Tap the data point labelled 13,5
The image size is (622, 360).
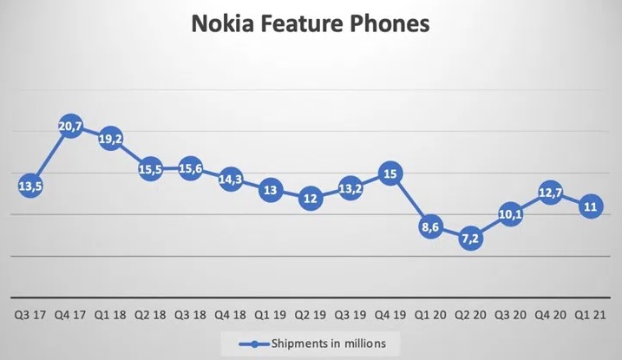[29, 185]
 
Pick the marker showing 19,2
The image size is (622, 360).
[110, 139]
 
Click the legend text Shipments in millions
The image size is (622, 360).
[331, 344]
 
